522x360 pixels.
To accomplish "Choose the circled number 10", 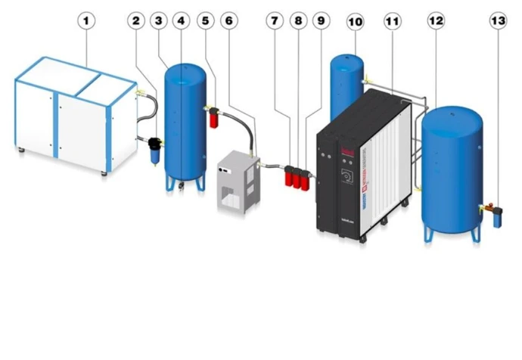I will coord(355,21).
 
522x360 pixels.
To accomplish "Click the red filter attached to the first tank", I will coord(214,117).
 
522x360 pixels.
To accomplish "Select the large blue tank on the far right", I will coord(452,166).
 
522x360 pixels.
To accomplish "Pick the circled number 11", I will coord(393,21).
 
